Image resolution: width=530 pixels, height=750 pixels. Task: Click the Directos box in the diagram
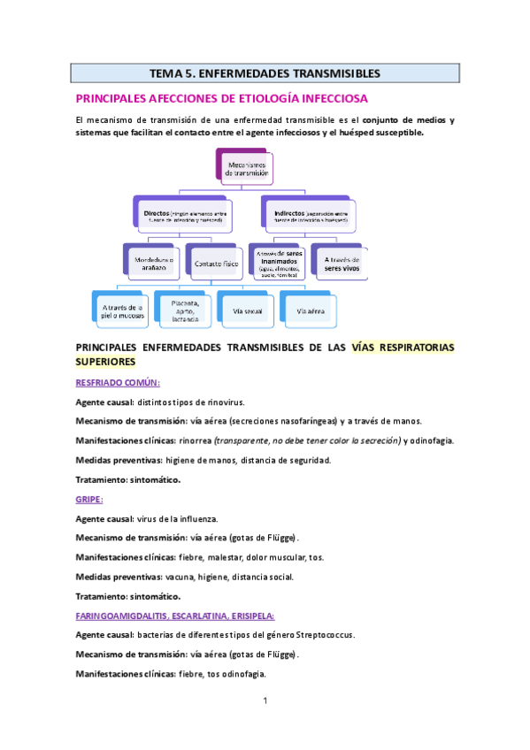pyautogui.click(x=184, y=215)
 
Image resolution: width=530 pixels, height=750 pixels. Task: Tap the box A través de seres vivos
pyautogui.click(x=336, y=259)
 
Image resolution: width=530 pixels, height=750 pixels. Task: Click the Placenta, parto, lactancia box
pyautogui.click(x=184, y=308)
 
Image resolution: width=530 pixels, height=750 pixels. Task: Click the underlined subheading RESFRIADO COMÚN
pyautogui.click(x=118, y=382)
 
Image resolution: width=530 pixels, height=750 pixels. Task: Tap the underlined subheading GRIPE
pyautogui.click(x=88, y=499)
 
